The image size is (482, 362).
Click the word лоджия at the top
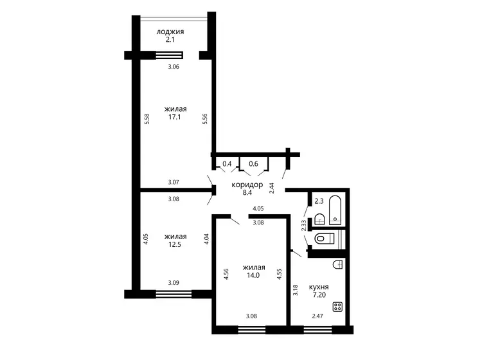click(x=170, y=32)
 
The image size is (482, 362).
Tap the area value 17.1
click(x=175, y=117)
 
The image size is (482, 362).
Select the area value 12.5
click(x=175, y=244)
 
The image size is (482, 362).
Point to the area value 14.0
click(x=253, y=275)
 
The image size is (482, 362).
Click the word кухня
click(x=319, y=287)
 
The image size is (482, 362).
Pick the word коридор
click(x=247, y=185)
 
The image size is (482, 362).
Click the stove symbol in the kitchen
click(x=337, y=307)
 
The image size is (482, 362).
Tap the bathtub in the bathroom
click(x=335, y=210)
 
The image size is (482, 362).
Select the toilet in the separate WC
click(x=325, y=238)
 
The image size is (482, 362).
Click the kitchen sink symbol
click(x=337, y=265)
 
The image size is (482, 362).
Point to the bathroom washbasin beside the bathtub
click(x=320, y=219)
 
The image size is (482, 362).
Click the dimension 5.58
click(x=147, y=119)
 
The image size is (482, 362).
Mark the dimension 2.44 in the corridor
click(x=272, y=188)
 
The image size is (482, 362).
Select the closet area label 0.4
click(x=227, y=163)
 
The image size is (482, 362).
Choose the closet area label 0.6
click(x=254, y=163)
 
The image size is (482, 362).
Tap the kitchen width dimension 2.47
click(x=317, y=316)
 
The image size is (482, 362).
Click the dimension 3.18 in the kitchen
click(x=296, y=291)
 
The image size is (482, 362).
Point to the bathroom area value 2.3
click(x=319, y=201)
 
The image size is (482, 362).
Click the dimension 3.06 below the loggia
click(x=174, y=67)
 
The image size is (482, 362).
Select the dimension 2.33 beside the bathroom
click(x=304, y=226)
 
